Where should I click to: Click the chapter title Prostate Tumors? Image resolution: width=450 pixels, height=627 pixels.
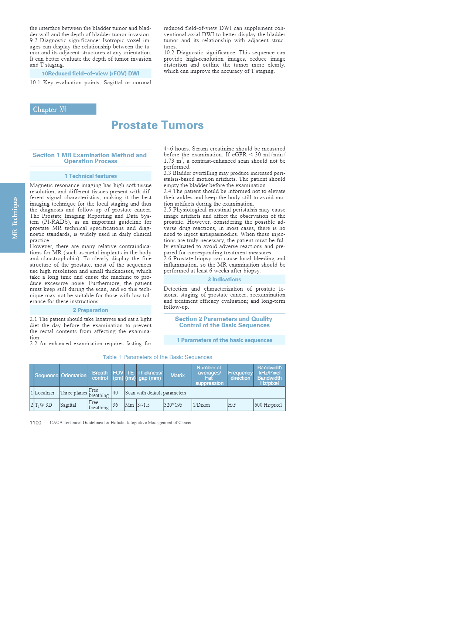[x=157, y=125]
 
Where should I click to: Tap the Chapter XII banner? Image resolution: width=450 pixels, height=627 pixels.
[x=63, y=109]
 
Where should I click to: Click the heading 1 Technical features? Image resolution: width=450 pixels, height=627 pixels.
[x=91, y=176]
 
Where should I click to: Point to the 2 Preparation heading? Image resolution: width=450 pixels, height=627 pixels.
[x=91, y=310]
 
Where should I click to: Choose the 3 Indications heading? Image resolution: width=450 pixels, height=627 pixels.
[x=224, y=279]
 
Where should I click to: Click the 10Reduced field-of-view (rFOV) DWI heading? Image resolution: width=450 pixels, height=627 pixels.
[x=91, y=74]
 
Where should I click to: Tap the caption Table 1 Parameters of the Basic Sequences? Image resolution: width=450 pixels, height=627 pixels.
[x=157, y=357]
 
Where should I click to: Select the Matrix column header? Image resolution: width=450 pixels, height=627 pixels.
[x=177, y=375]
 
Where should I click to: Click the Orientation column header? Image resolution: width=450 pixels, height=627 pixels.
[x=74, y=375]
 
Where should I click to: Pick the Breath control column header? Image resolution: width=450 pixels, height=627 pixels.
[x=100, y=375]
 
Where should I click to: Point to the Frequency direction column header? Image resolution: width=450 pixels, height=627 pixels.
[x=240, y=375]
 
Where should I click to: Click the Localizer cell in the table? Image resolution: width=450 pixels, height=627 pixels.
[x=45, y=393]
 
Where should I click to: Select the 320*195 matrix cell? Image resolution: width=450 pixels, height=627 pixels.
[x=173, y=405]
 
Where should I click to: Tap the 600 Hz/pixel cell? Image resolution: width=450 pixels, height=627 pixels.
[x=268, y=405]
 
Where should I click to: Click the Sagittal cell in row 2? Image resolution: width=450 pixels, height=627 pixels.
[x=68, y=405]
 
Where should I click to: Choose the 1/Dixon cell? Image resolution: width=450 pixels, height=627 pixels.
[x=201, y=405]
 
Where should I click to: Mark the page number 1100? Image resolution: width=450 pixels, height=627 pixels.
[x=35, y=423]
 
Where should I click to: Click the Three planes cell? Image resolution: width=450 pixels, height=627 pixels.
[x=74, y=393]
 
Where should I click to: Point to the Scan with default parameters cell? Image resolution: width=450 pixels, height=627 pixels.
[x=156, y=393]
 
